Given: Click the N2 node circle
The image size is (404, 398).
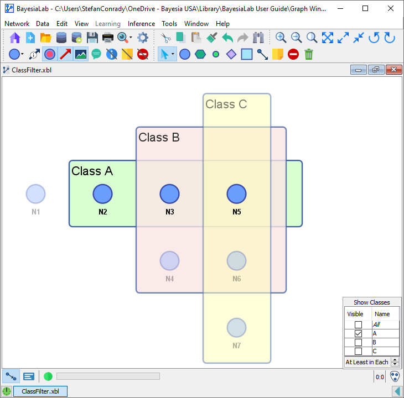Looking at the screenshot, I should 102,194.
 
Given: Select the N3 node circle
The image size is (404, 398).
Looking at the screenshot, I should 170,194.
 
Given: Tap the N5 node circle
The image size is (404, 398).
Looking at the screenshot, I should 236,194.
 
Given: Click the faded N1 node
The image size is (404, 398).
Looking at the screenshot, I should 36,194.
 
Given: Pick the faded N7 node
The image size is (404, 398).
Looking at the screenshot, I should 236,328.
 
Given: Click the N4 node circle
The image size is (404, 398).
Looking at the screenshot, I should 170,261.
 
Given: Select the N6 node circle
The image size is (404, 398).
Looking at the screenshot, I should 236,261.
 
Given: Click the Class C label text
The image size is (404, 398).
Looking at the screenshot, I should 226,104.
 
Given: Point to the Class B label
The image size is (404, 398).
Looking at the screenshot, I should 159,138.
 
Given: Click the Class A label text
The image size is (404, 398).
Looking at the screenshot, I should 92,171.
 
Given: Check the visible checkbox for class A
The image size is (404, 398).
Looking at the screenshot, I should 358,334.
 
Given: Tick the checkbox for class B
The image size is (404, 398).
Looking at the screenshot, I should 358,343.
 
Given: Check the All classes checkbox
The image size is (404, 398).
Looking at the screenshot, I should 358,325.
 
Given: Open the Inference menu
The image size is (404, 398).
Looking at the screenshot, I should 141,24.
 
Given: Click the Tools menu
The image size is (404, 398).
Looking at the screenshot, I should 169,24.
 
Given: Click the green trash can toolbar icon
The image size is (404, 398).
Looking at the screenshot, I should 309,54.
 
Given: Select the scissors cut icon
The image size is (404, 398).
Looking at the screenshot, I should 165,38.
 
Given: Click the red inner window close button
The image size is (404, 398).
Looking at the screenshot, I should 393,70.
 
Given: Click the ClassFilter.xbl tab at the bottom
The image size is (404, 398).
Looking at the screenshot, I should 40,391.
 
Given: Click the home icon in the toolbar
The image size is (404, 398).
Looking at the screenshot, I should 15,38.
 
